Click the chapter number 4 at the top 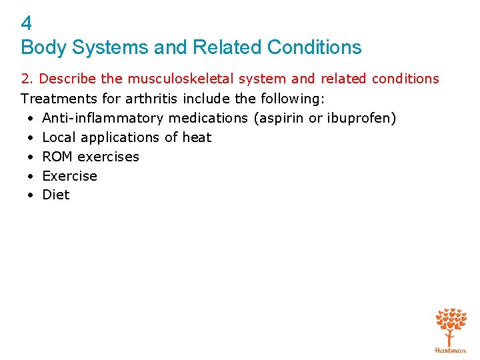(27, 23)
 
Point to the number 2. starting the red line (27, 79)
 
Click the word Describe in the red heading (69, 79)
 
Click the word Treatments (54, 99)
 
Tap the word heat (197, 137)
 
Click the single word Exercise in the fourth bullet (70, 176)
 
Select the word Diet (56, 195)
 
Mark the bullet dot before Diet (31, 195)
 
